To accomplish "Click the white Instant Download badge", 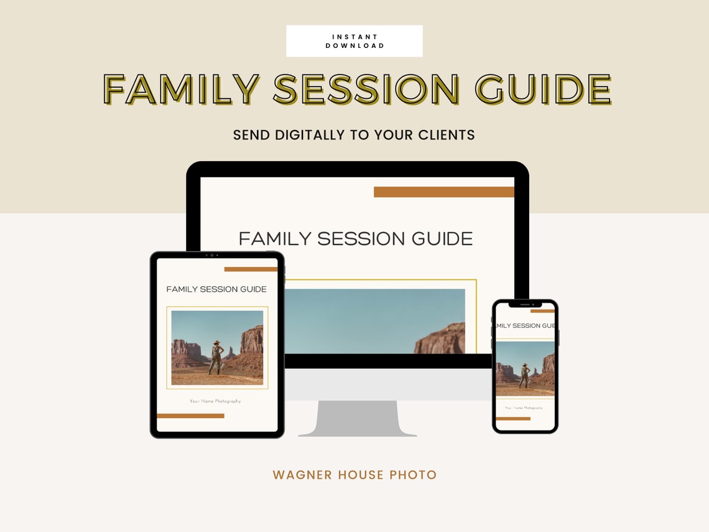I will pyautogui.click(x=354, y=41).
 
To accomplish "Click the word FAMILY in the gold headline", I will pyautogui.click(x=181, y=89).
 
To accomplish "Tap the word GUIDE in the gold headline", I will pyautogui.click(x=543, y=89).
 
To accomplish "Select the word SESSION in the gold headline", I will pyautogui.click(x=366, y=89).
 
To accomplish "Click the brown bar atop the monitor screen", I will pyautogui.click(x=443, y=192).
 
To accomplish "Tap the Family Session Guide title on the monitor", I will pyautogui.click(x=355, y=238).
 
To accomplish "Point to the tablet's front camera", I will pyautogui.click(x=211, y=255).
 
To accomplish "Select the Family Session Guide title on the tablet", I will pyautogui.click(x=216, y=289).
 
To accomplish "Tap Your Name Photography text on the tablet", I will pyautogui.click(x=215, y=401).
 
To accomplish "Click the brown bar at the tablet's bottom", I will pyautogui.click(x=190, y=416).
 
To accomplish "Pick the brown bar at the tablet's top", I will pyautogui.click(x=251, y=269).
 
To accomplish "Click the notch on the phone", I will pyautogui.click(x=525, y=304).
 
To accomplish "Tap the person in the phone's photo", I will pyautogui.click(x=524, y=376).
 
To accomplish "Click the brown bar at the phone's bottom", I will pyautogui.click(x=513, y=419).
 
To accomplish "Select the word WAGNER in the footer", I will pyautogui.click(x=302, y=475).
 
